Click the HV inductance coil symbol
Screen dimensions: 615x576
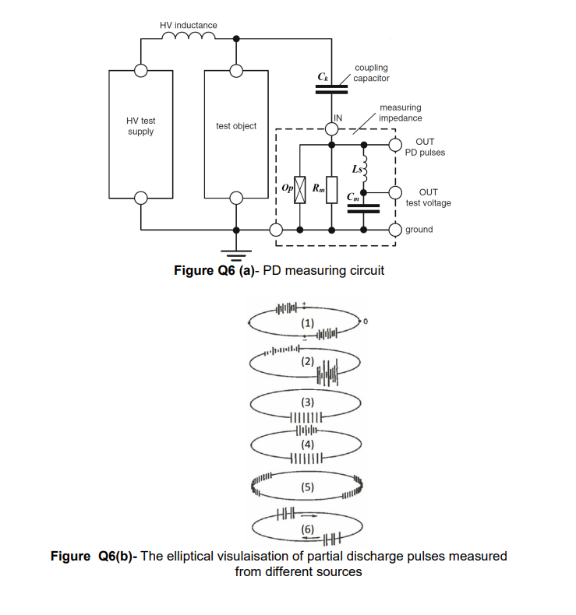coord(188,37)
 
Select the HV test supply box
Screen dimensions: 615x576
coord(141,133)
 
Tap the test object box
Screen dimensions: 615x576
coord(235,133)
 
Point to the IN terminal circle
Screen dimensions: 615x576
coord(332,126)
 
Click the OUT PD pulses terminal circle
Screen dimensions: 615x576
coord(396,146)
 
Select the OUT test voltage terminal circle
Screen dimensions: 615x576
coord(396,192)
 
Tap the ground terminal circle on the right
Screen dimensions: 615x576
coord(396,230)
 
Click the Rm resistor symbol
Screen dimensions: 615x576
coord(332,189)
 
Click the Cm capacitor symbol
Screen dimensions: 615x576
coord(364,208)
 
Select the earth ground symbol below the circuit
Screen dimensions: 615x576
coord(236,251)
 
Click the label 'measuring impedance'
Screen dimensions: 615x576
coord(401,113)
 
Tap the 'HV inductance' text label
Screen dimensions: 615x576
coord(189,25)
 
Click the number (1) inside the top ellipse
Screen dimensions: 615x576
coord(308,322)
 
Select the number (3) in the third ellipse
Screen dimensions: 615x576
coord(308,402)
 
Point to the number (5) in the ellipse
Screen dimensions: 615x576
coord(308,487)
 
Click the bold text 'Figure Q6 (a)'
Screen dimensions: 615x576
coord(215,270)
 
